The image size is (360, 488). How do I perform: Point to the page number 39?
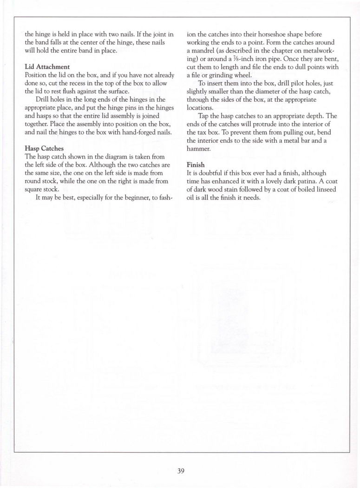click(181, 471)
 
